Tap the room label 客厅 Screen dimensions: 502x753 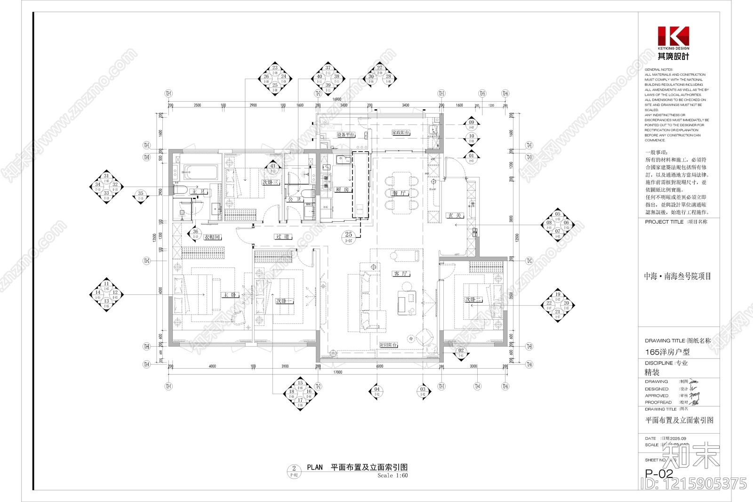(x=401, y=274)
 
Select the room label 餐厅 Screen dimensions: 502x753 (x=399, y=193)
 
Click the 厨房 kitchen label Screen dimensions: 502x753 (x=343, y=189)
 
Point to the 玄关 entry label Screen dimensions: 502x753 (x=455, y=215)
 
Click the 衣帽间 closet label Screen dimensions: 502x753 (x=212, y=237)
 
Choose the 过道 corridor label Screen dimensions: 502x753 (x=283, y=236)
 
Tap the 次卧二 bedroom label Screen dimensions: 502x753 (x=473, y=300)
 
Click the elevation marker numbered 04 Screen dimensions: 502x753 (x=377, y=391)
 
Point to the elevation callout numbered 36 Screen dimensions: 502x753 (x=195, y=233)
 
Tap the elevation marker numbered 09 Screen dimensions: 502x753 (x=472, y=124)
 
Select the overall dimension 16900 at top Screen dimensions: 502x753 (x=336, y=99)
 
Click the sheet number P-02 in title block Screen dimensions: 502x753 (x=659, y=473)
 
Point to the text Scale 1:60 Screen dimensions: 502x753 (x=393, y=476)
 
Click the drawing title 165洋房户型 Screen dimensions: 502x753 (x=667, y=352)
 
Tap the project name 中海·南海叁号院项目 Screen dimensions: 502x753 (x=678, y=276)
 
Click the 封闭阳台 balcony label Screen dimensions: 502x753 (x=389, y=345)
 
